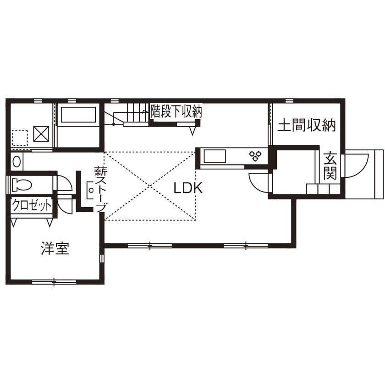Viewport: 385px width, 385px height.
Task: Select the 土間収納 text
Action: point(307,126)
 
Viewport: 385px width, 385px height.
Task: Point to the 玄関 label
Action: point(330,166)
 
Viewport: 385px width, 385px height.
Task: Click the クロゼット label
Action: point(31,205)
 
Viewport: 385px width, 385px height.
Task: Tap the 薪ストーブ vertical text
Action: point(100,188)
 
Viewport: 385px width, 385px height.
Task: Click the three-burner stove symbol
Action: point(255,156)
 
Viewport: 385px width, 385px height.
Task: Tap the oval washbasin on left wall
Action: point(17,161)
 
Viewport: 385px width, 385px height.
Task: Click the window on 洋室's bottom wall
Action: point(54,281)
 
